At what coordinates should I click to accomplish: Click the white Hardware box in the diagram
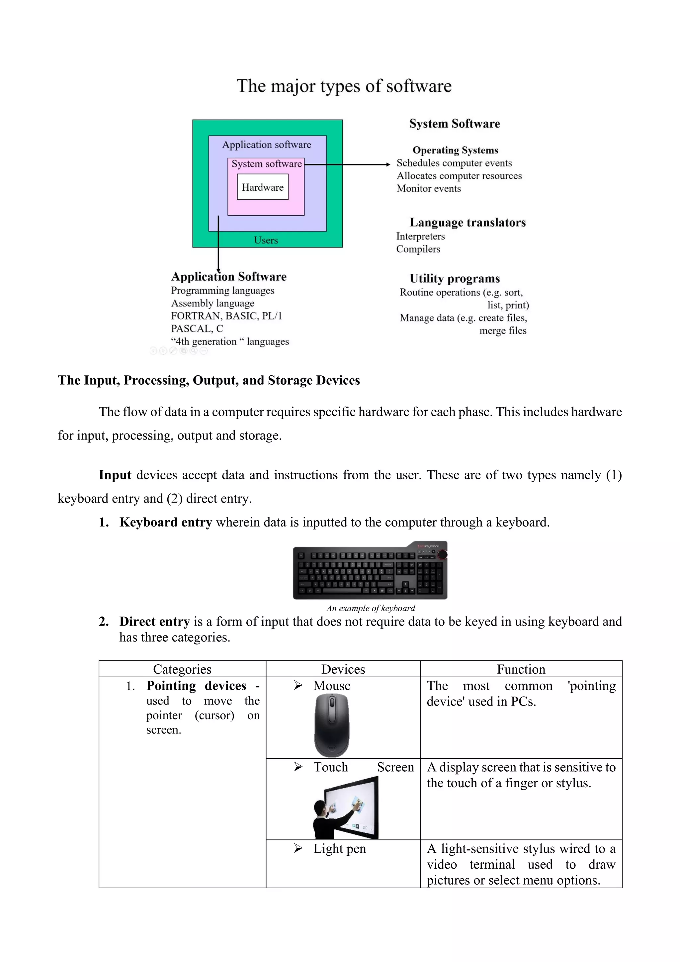point(263,187)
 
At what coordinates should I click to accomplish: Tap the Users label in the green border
point(266,240)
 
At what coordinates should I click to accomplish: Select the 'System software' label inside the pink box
point(267,164)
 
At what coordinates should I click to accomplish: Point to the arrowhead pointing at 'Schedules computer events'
point(388,165)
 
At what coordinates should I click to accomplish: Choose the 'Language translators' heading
point(467,223)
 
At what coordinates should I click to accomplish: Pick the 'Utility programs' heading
point(455,279)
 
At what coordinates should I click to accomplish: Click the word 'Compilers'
point(418,249)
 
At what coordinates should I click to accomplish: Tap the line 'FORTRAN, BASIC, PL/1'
point(226,316)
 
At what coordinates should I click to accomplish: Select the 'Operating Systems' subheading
point(455,150)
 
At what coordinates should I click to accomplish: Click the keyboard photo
point(370,571)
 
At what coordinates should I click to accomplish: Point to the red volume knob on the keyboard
point(442,555)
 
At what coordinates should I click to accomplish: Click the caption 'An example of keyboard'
point(371,608)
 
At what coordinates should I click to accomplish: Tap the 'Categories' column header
point(182,669)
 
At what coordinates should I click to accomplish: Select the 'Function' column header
point(521,669)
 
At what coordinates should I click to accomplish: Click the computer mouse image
point(332,724)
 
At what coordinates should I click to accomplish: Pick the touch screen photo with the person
point(346,808)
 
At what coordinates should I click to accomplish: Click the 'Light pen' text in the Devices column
point(340,848)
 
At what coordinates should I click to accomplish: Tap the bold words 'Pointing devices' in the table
point(196,686)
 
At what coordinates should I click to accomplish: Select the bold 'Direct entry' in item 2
point(154,622)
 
